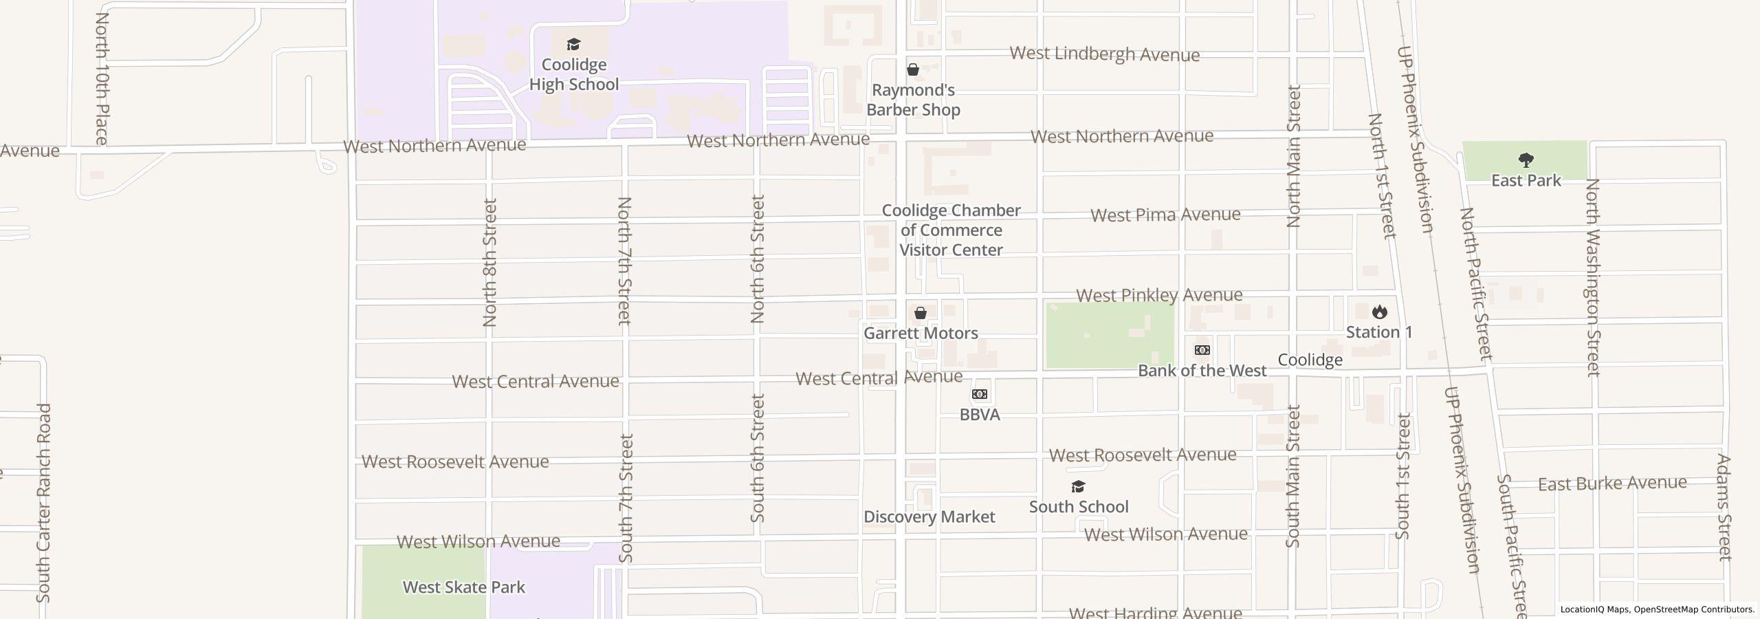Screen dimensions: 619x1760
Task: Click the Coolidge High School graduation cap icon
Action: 573,45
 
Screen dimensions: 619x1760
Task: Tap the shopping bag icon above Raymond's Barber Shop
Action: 913,70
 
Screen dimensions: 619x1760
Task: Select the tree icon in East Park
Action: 1526,161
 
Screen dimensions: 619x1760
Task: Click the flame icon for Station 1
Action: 1379,312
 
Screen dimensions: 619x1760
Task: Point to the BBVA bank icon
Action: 980,395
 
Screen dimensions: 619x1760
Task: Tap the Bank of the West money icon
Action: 1202,351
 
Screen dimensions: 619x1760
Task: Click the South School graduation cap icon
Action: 1078,487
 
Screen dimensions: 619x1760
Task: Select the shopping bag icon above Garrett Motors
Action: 921,314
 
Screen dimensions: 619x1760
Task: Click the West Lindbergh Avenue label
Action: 1104,54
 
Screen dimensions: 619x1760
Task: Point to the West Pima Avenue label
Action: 1165,215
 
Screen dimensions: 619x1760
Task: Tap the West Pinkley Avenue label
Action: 1159,296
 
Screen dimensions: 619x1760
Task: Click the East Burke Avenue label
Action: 1612,484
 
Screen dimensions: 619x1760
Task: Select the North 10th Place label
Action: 102,78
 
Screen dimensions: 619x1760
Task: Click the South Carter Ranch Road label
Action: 44,502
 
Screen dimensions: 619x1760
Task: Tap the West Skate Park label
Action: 463,587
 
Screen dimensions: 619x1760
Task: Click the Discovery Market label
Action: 929,517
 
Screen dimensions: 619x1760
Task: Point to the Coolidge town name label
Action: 1310,360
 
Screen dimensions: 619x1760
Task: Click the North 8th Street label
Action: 489,262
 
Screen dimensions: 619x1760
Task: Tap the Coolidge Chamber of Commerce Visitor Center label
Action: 951,230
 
